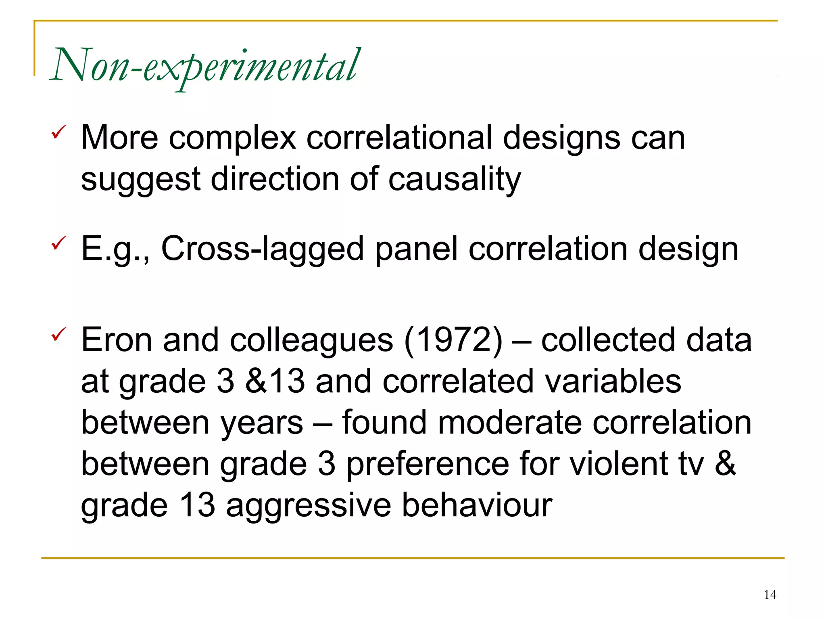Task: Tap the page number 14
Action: tap(770, 595)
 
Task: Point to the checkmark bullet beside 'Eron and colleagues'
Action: tap(59, 334)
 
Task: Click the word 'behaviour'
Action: tap(477, 505)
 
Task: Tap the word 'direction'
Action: tap(275, 179)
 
